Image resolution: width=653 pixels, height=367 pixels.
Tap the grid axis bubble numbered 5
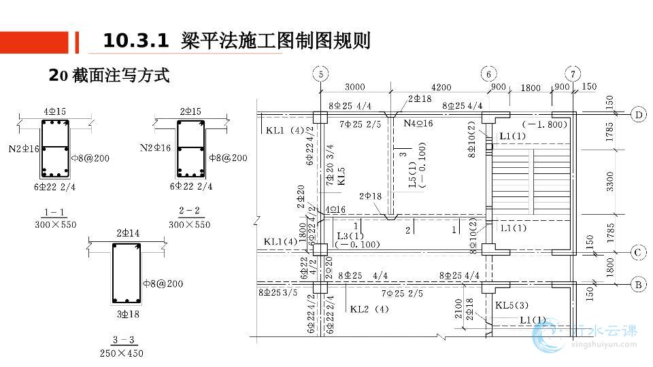pyautogui.click(x=322, y=74)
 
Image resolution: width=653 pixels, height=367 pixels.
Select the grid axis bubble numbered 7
pyautogui.click(x=575, y=74)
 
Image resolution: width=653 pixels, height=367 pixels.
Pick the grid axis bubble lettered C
pyautogui.click(x=639, y=253)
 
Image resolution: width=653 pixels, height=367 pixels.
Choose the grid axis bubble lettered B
pyautogui.click(x=639, y=285)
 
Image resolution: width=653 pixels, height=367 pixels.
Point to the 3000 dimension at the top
pyautogui.click(x=354, y=87)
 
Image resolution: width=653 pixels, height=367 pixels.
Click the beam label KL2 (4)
pyautogui.click(x=369, y=309)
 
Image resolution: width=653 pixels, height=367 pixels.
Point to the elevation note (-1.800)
pyautogui.click(x=544, y=124)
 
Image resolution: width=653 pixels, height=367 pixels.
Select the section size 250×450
pyautogui.click(x=122, y=353)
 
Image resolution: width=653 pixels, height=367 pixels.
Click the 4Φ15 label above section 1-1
pyautogui.click(x=54, y=111)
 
